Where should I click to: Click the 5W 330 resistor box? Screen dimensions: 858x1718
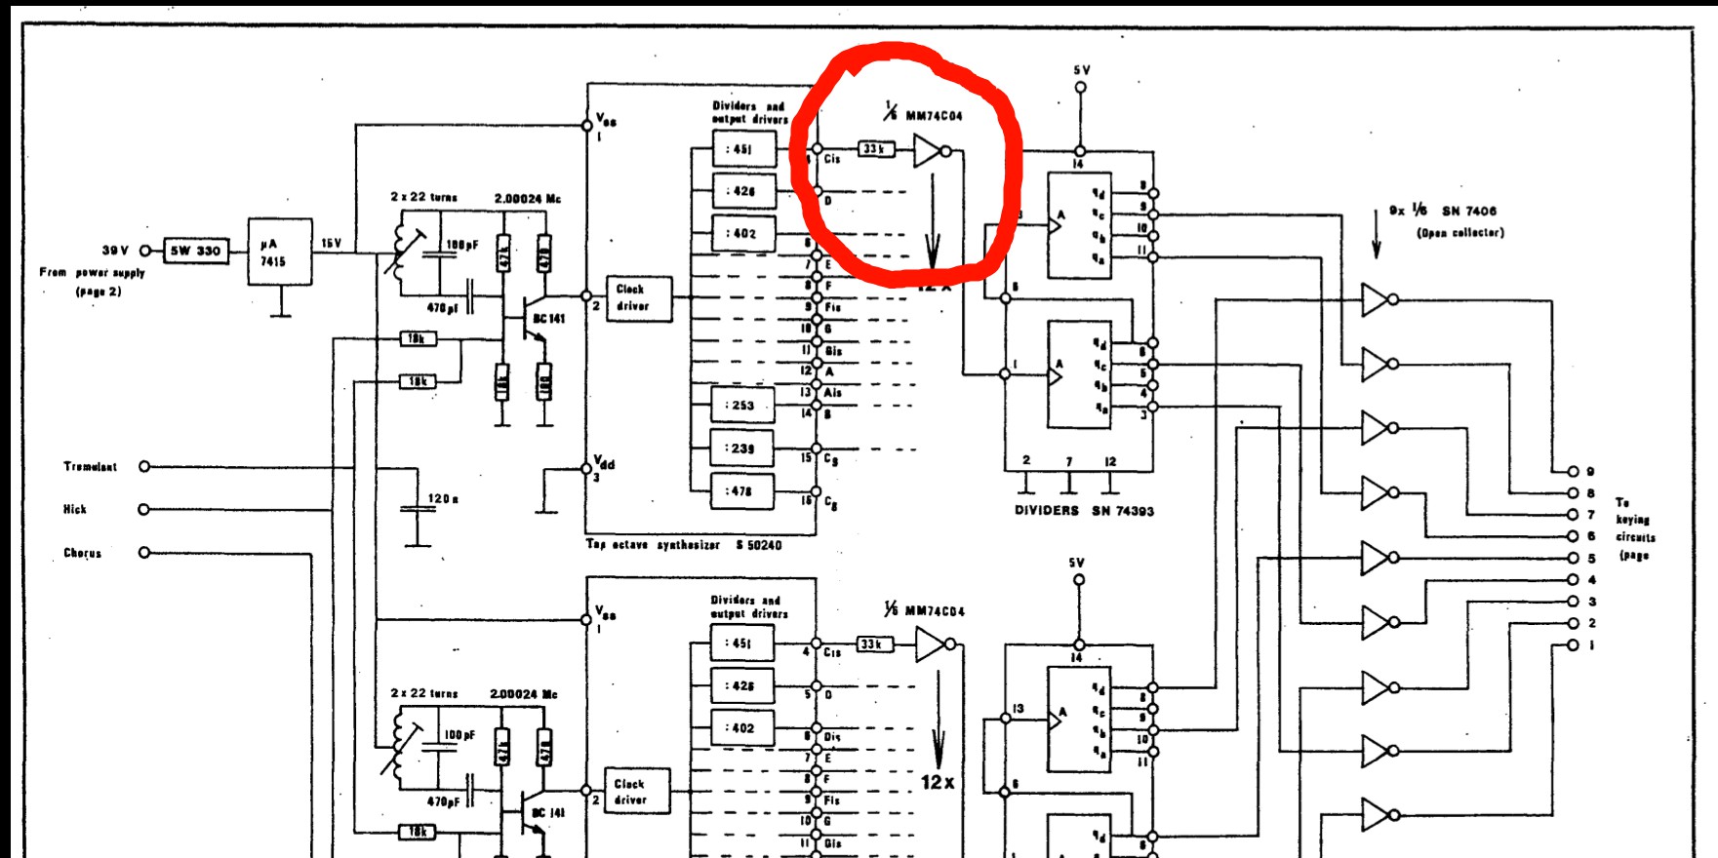click(x=195, y=251)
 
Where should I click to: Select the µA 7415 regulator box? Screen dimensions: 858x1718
click(x=280, y=252)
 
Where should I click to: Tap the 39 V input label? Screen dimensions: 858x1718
click(x=116, y=251)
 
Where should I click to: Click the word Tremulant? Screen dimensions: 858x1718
click(x=90, y=467)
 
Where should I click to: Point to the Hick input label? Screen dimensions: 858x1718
click(x=75, y=509)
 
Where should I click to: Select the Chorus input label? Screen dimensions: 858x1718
click(x=82, y=553)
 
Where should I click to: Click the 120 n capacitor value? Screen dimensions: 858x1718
click(x=443, y=499)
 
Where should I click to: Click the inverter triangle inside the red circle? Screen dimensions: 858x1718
click(x=927, y=151)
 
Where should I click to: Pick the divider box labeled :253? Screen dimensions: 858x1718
click(x=741, y=406)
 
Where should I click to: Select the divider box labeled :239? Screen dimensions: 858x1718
click(x=741, y=448)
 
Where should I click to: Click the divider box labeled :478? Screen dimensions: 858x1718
click(x=741, y=491)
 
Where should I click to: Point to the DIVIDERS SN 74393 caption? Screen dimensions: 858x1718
click(x=1084, y=511)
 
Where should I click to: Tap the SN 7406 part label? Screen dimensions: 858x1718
click(x=1468, y=211)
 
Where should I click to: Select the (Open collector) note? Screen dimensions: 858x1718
click(x=1459, y=233)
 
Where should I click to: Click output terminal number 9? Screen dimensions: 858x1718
click(x=1573, y=471)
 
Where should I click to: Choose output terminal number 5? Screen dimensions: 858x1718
click(x=1573, y=559)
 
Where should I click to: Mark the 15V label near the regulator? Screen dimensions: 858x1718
click(x=332, y=243)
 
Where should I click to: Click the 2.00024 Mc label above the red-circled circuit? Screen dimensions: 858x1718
click(x=527, y=198)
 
